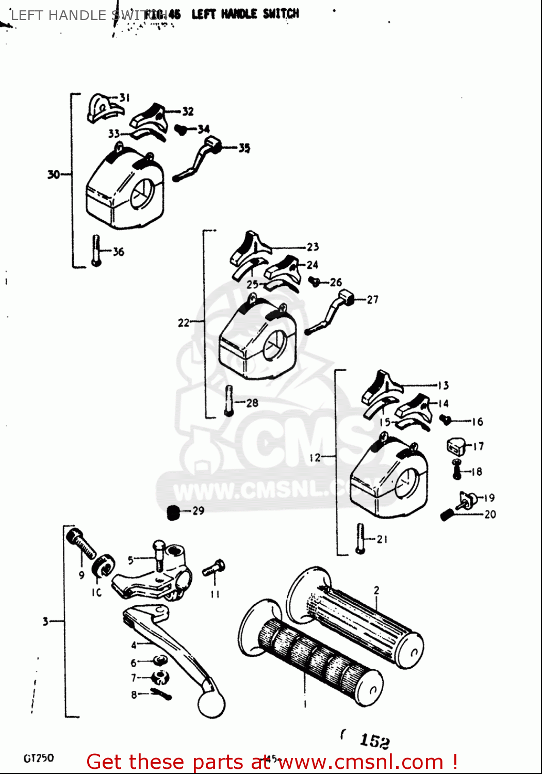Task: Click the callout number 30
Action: click(53, 174)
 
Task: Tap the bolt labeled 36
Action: click(96, 250)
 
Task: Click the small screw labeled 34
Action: click(180, 129)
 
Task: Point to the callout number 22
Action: click(184, 323)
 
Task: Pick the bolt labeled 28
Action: click(229, 400)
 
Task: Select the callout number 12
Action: click(315, 457)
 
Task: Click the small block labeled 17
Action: click(455, 446)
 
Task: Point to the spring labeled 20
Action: click(447, 514)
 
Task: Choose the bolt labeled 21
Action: click(360, 538)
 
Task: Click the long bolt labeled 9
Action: click(81, 544)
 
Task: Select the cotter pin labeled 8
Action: click(161, 694)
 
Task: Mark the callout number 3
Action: click(45, 621)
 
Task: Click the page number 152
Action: click(374, 741)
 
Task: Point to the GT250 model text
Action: click(39, 758)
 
